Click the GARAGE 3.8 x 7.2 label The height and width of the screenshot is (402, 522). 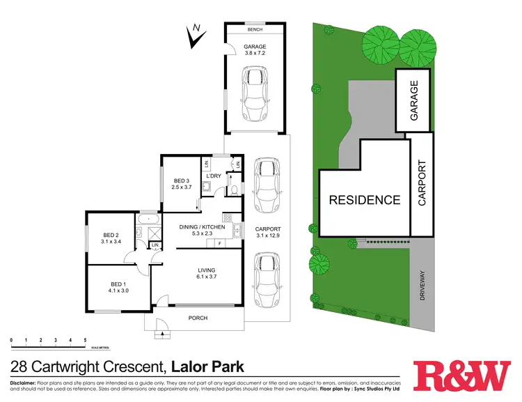pos(255,50)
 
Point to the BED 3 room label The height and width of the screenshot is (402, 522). pos(182,185)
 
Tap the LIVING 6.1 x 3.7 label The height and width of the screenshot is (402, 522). pos(206,274)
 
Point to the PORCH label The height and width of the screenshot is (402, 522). pos(198,318)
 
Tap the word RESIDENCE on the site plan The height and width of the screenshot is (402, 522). pos(364,201)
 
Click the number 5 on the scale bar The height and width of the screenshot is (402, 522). pos(85,340)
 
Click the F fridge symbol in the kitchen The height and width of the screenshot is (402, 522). pos(219,244)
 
